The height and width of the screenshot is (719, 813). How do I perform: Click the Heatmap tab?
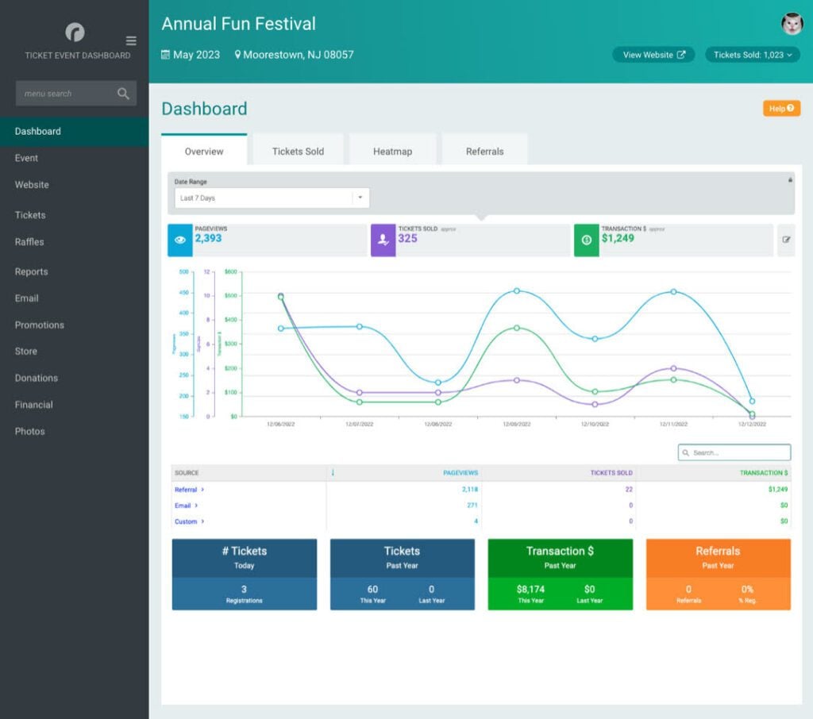[392, 151]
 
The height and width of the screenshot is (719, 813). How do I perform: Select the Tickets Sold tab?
[298, 151]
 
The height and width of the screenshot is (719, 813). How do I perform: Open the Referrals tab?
[484, 151]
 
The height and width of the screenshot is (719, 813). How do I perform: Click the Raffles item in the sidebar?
[29, 242]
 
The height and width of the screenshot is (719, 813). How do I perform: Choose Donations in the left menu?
[37, 378]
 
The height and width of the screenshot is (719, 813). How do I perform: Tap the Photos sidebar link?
[30, 431]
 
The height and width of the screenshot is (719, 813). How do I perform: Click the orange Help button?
[781, 109]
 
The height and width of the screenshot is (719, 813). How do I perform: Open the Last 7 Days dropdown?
[272, 198]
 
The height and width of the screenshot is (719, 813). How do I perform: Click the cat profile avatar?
[792, 24]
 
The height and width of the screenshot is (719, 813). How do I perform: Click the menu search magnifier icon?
[123, 94]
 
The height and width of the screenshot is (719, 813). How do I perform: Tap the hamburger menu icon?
[131, 41]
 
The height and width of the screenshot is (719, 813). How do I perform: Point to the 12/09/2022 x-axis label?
[516, 425]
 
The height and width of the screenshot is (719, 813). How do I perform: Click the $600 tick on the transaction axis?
[230, 271]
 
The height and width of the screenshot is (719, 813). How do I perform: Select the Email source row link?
[183, 506]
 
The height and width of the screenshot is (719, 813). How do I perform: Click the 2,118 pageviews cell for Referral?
[469, 490]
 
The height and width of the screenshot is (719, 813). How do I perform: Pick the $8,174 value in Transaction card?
[530, 590]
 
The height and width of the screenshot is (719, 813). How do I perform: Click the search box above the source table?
[734, 452]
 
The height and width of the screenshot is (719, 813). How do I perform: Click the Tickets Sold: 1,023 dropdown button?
[752, 55]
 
